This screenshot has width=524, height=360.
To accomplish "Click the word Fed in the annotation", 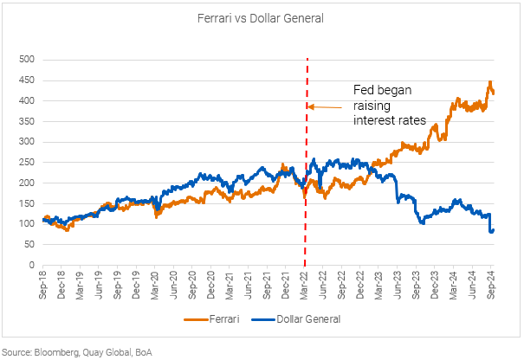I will (x=364, y=90).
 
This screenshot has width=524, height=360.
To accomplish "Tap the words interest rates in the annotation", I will (x=390, y=121).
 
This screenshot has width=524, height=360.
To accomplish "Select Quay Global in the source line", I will (x=107, y=350).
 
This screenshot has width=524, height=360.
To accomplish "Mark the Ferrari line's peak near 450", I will (x=489, y=82).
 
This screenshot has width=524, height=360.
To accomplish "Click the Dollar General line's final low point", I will (x=490, y=232).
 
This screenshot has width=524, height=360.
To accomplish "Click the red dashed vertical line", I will (x=307, y=216).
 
